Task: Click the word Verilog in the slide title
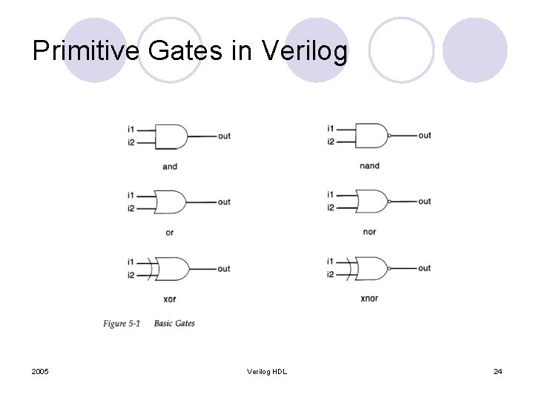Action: point(305,51)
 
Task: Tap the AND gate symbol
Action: point(174,136)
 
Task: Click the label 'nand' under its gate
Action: point(369,166)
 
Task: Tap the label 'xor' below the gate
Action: point(170,299)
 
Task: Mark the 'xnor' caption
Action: point(369,299)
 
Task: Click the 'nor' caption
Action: point(369,232)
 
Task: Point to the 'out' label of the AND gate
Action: point(224,136)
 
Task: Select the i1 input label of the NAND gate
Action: point(330,129)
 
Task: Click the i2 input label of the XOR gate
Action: point(131,276)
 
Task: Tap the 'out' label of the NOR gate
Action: point(424,201)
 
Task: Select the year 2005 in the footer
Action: point(41,370)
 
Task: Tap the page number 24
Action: point(498,370)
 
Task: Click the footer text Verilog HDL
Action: point(267,370)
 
